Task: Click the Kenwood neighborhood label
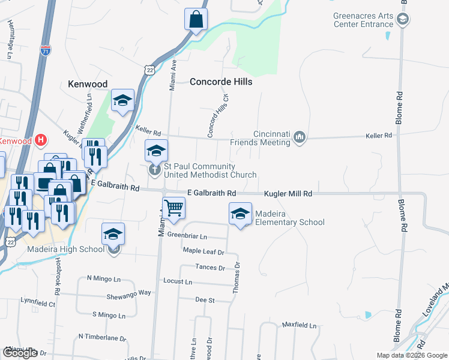click(x=88, y=84)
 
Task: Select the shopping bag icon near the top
click(x=196, y=20)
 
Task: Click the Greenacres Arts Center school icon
click(x=403, y=20)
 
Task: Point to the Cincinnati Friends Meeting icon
click(x=300, y=139)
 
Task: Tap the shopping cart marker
click(x=173, y=208)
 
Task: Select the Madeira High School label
click(x=66, y=250)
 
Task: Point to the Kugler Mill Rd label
click(x=289, y=194)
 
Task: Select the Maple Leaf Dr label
click(x=203, y=251)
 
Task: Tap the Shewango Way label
click(x=128, y=293)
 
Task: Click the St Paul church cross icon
click(x=155, y=170)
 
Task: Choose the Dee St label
click(x=205, y=299)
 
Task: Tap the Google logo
click(x=20, y=353)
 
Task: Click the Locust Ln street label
click(x=178, y=281)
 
